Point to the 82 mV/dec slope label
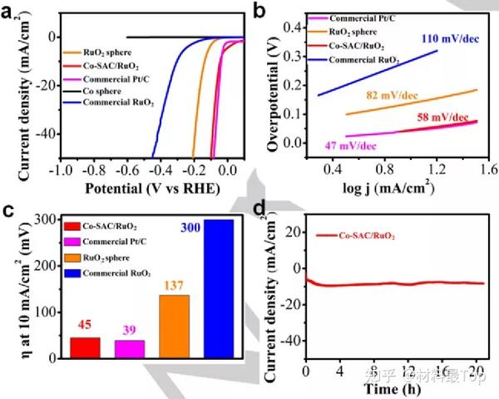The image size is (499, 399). coord(391,97)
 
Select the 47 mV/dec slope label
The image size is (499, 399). coord(348,146)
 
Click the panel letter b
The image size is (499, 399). coord(279,11)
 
